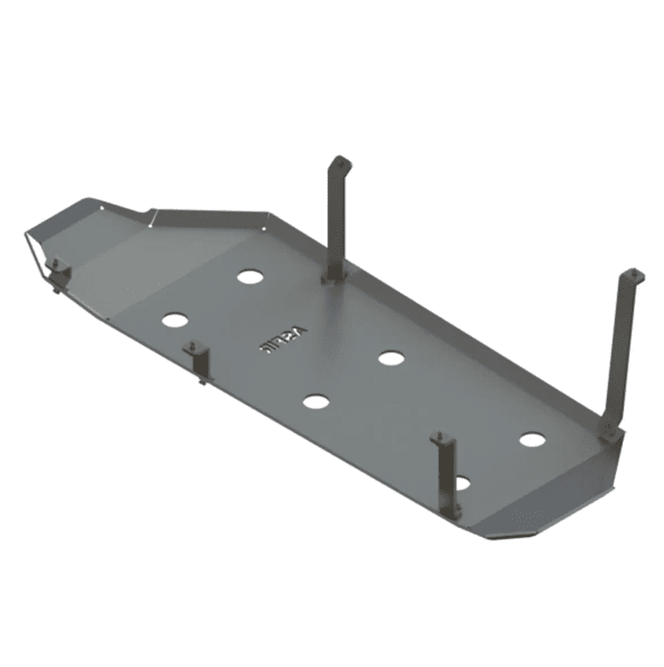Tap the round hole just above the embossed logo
point(250,277)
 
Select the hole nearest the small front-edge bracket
point(175,320)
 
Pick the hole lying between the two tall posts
point(391,357)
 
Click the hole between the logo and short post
point(316,402)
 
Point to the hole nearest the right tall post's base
point(532,439)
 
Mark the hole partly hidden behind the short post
point(462,483)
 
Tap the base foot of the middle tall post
point(334,277)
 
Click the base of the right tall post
point(610,429)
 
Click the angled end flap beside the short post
point(558,502)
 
